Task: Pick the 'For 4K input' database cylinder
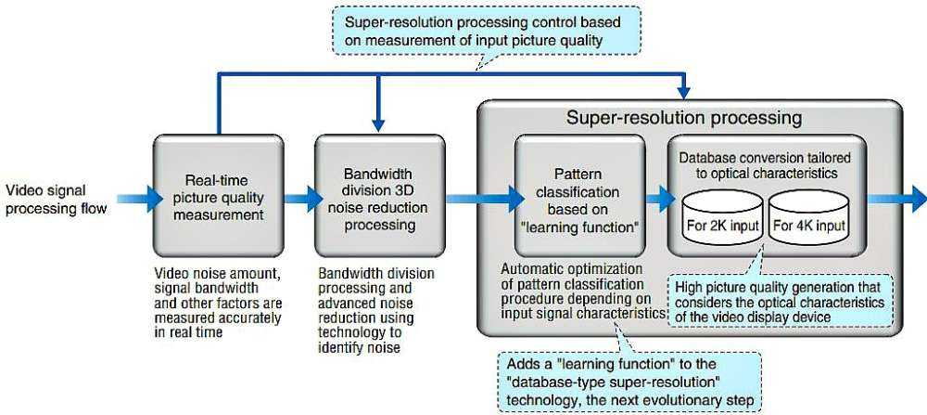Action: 807,215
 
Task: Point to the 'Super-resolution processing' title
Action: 684,118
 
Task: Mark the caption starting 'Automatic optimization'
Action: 581,292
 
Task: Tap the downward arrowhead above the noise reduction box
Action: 375,123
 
